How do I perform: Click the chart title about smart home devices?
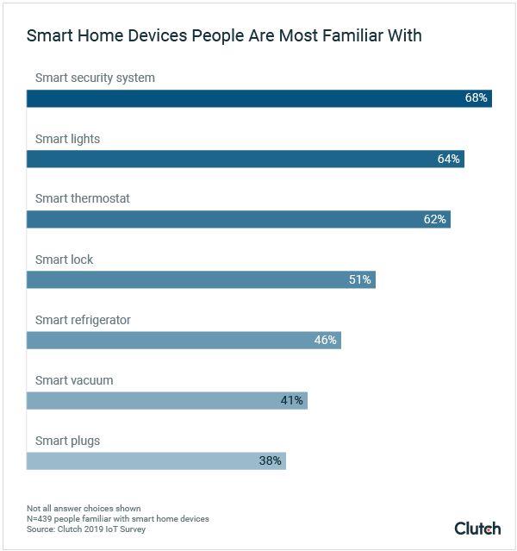(x=224, y=37)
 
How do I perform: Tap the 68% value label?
(x=476, y=98)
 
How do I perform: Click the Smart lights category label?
(x=68, y=138)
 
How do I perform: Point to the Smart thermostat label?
(x=83, y=198)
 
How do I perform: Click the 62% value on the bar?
(x=434, y=220)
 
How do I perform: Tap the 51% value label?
(x=359, y=280)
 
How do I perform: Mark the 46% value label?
(x=325, y=341)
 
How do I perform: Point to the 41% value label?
(x=291, y=401)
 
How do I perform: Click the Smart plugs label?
(x=67, y=441)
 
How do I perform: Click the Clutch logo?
(x=477, y=528)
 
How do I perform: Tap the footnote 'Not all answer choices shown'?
(x=84, y=508)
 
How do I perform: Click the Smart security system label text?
(x=95, y=78)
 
